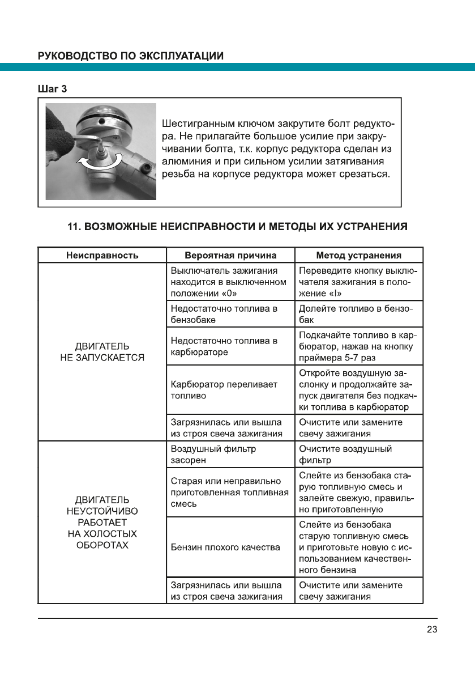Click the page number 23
pyautogui.click(x=432, y=629)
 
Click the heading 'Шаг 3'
pyautogui.click(x=53, y=89)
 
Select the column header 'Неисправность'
pyautogui.click(x=102, y=256)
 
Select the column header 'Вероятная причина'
pyautogui.click(x=230, y=256)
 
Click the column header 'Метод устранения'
pyautogui.click(x=358, y=256)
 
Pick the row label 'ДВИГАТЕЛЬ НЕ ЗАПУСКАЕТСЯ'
pyautogui.click(x=102, y=352)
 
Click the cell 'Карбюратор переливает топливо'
pyautogui.click(x=224, y=390)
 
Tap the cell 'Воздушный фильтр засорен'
pyautogui.click(x=213, y=455)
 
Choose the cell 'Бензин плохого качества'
pyautogui.click(x=225, y=547)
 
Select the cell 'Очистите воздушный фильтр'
pyautogui.click(x=345, y=455)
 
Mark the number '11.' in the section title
pyautogui.click(x=74, y=227)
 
